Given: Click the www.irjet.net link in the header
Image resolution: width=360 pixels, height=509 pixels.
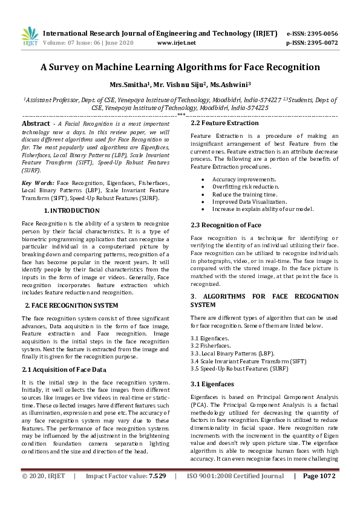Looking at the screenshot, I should [x=176, y=43].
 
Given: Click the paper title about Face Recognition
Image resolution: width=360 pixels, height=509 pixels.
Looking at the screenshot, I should [x=180, y=67].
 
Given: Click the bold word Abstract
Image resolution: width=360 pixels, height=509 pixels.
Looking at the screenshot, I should [x=36, y=123].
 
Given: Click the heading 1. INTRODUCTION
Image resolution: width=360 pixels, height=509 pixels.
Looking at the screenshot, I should [x=72, y=210].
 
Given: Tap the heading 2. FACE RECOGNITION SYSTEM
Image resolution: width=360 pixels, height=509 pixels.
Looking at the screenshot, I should [x=71, y=305].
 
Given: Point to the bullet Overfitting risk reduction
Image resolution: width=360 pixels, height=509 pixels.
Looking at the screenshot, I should [x=246, y=187].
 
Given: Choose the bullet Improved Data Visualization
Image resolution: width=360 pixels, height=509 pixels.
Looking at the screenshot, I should [x=249, y=201].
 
